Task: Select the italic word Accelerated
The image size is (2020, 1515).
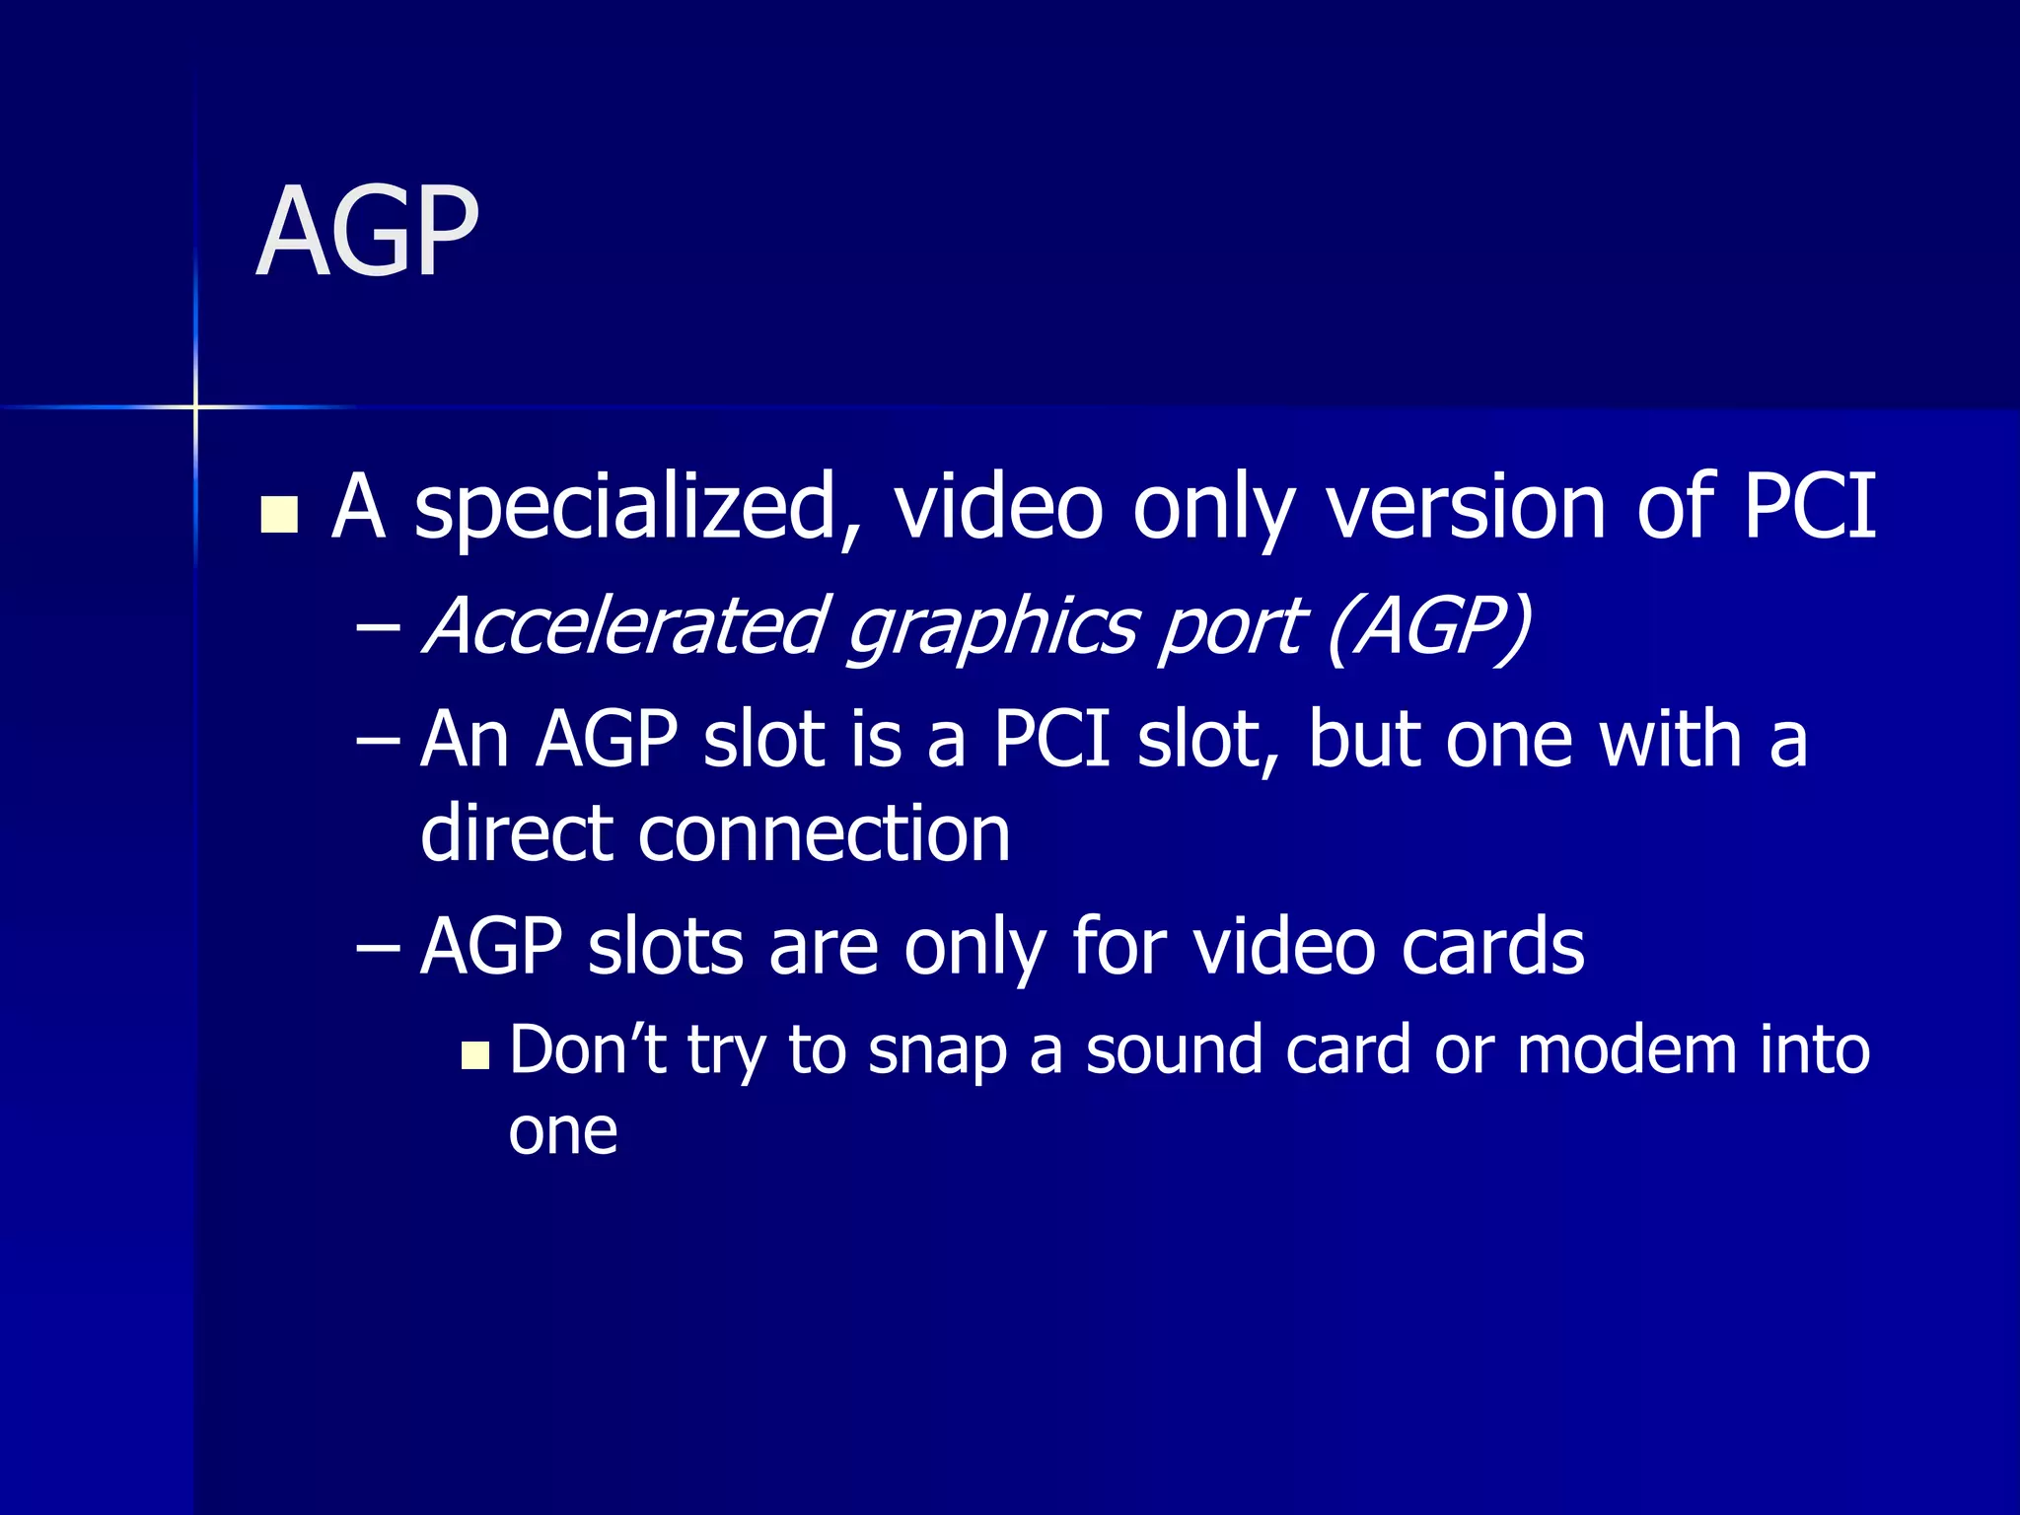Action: click(x=625, y=626)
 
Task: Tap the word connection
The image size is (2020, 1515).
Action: click(x=825, y=834)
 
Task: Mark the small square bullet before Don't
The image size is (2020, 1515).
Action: click(x=475, y=1056)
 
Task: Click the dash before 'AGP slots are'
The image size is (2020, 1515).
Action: click(x=378, y=948)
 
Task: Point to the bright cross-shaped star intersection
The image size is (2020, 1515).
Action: click(x=195, y=406)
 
